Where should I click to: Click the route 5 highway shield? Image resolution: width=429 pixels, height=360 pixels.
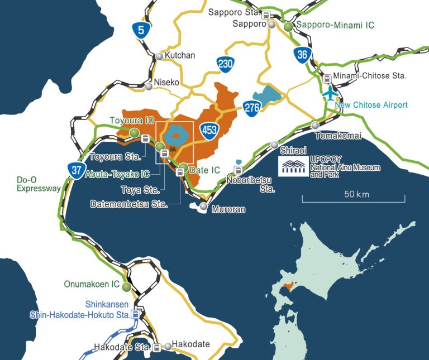tap(143, 30)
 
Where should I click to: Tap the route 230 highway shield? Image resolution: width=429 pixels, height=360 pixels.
tap(225, 64)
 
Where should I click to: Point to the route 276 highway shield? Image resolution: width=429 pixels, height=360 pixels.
tap(252, 106)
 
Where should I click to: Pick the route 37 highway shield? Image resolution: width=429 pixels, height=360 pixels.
tap(75, 169)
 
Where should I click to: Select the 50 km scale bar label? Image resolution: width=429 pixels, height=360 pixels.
tap(356, 195)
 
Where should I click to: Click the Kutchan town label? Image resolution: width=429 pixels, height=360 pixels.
tap(180, 56)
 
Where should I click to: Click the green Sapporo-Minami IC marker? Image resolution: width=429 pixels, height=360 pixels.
tap(288, 26)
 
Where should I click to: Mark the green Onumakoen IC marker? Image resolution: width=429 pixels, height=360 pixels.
tap(127, 287)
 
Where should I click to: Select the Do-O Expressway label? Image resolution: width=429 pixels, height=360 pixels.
tap(38, 184)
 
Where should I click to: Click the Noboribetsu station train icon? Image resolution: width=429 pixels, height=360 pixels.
tap(238, 170)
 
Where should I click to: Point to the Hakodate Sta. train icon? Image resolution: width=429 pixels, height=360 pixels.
tap(157, 348)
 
